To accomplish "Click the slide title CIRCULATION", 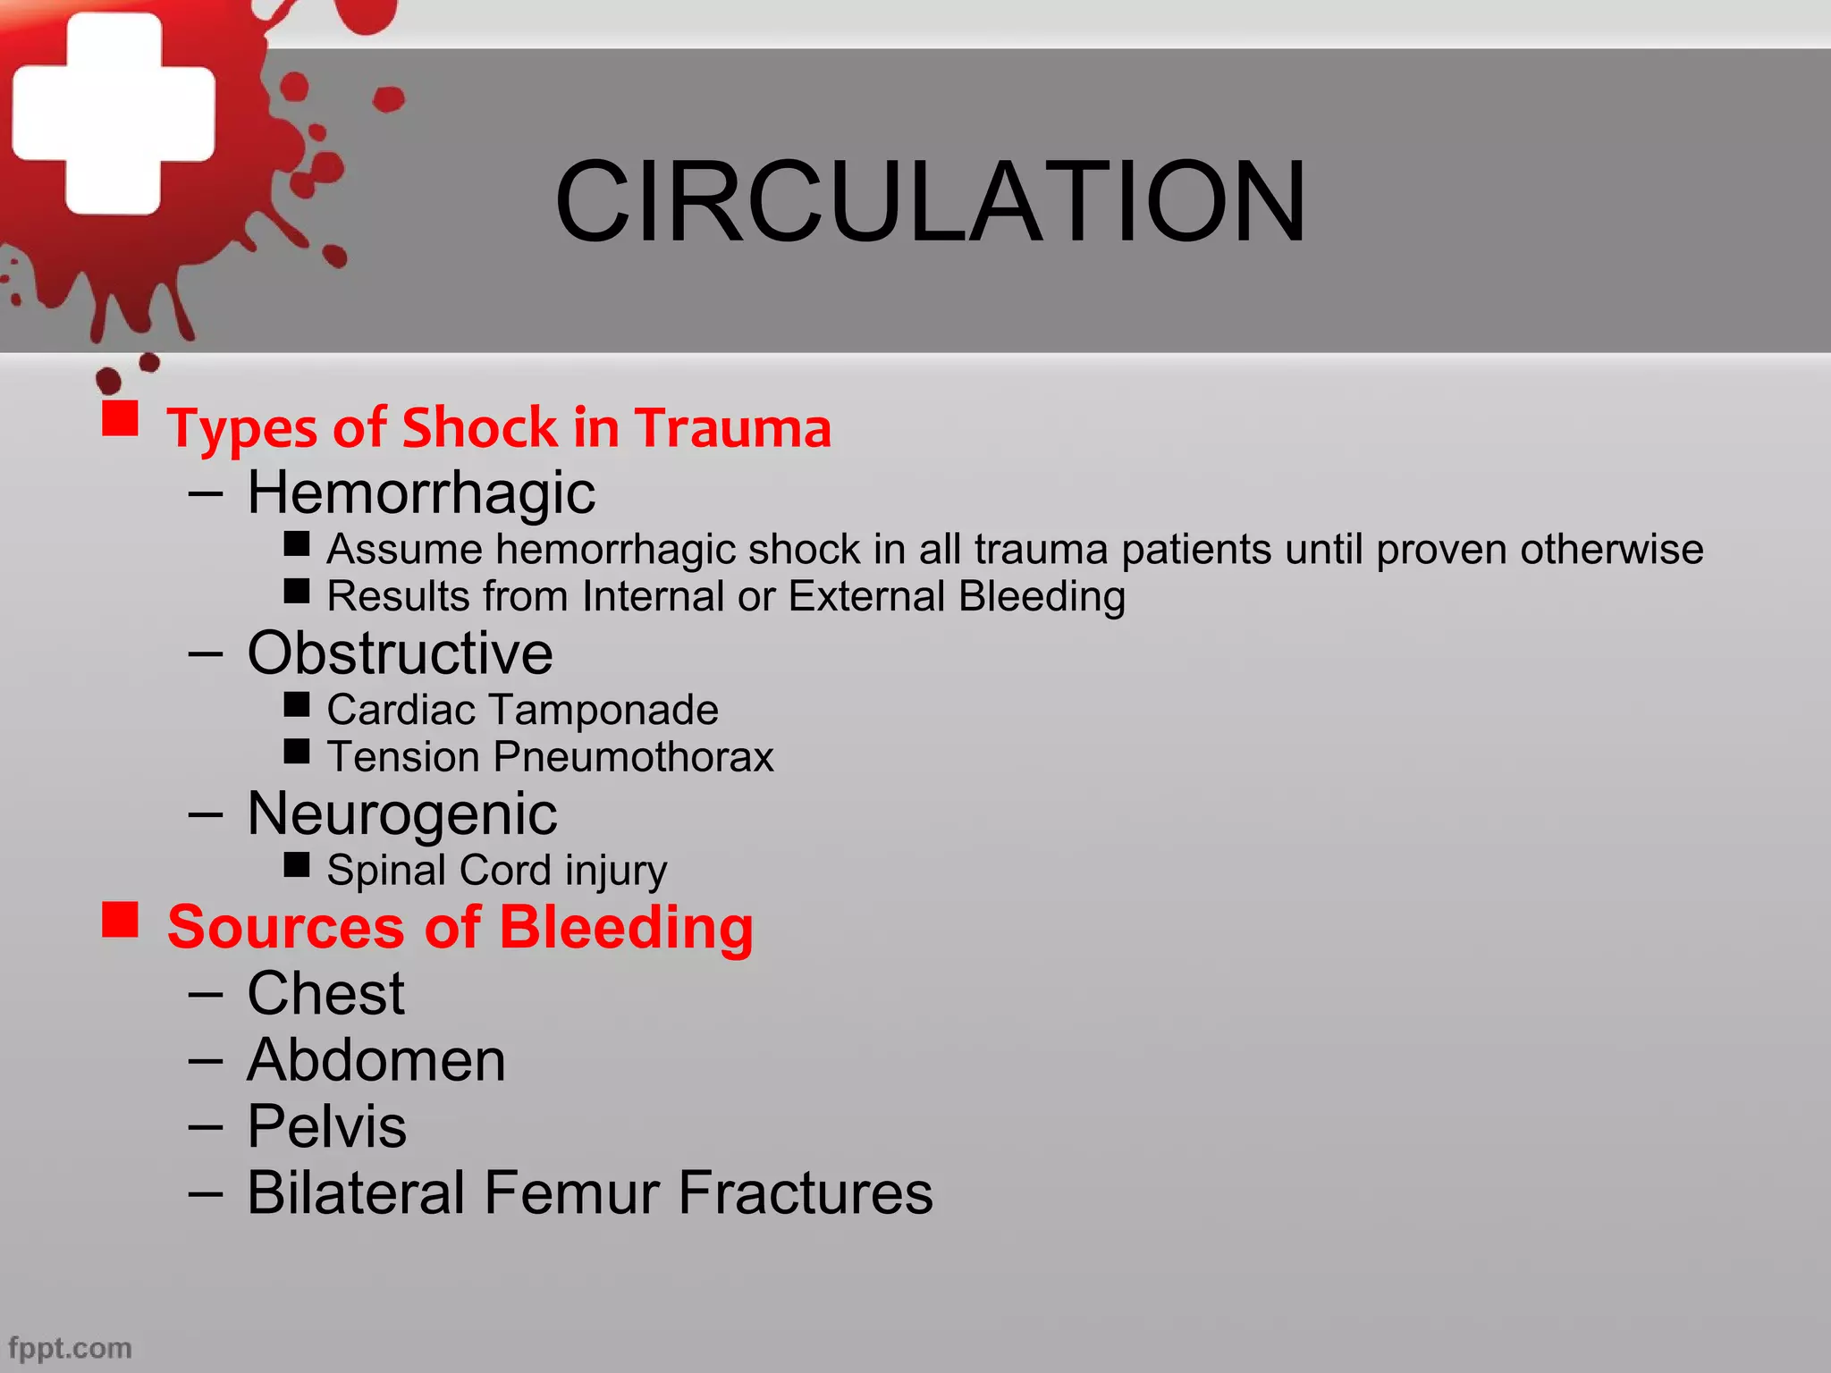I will point(930,201).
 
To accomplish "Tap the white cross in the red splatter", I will point(114,114).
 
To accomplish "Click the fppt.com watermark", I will point(70,1347).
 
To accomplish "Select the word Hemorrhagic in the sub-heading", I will point(421,493).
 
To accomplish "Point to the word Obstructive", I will point(400,653).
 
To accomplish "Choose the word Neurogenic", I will point(402,813).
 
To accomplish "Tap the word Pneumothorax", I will point(633,757).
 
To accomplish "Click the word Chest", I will point(325,993).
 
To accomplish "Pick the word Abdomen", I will point(376,1060).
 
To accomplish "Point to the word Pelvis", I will point(326,1126).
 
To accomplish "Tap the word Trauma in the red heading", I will point(733,427).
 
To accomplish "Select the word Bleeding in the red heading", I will point(626,927).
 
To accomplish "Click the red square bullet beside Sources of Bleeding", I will point(120,919).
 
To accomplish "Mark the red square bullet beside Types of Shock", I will point(120,417).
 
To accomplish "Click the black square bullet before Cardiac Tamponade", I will point(297,704).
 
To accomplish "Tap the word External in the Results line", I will point(866,596).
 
